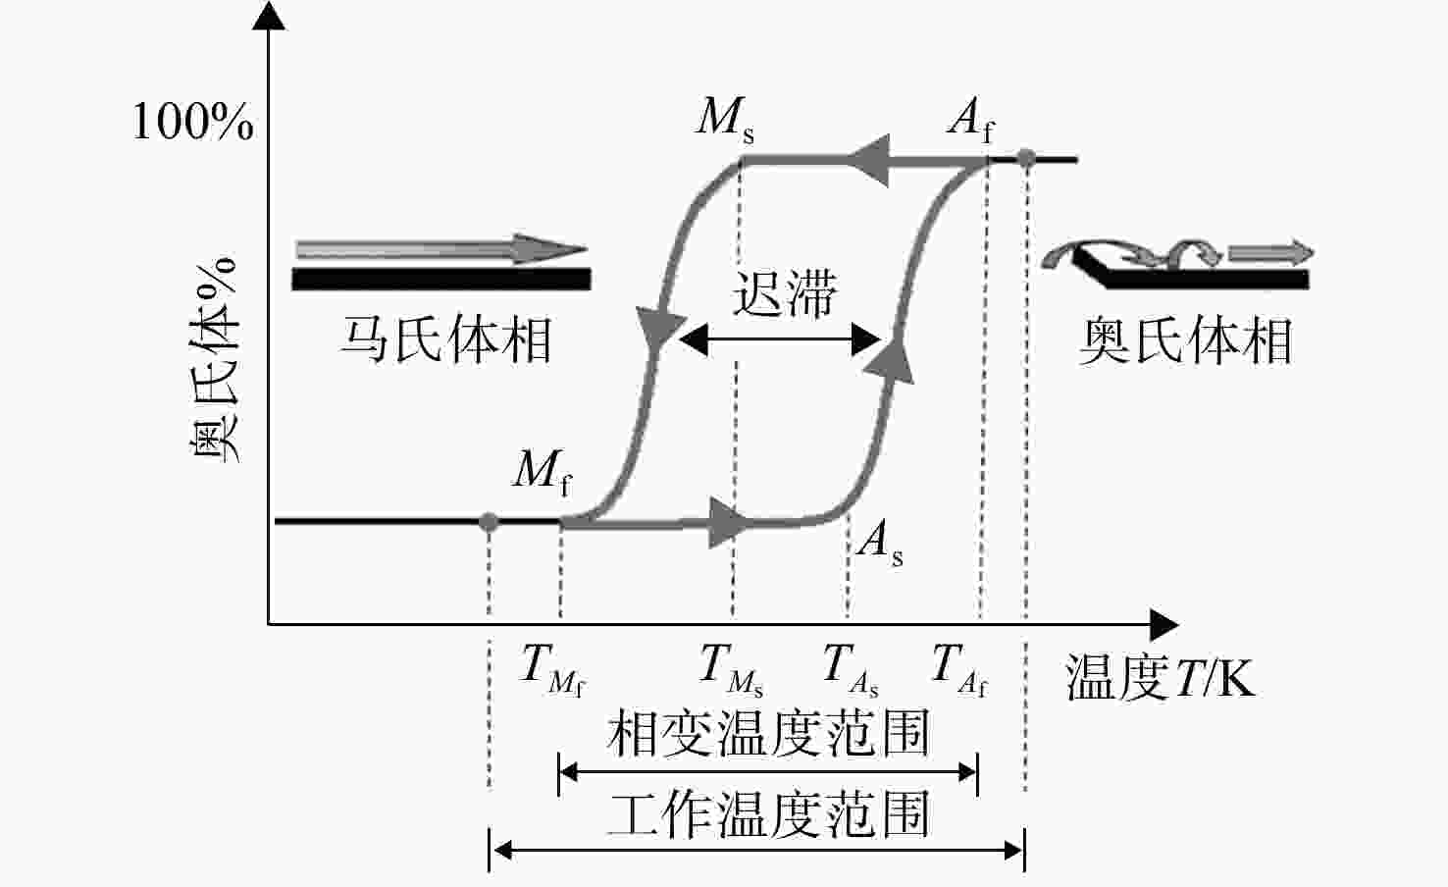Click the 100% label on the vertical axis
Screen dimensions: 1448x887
click(x=192, y=121)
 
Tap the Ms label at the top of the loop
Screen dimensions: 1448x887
click(x=725, y=120)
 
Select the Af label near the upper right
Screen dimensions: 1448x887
click(x=971, y=120)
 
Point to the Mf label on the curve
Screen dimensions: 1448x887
click(x=543, y=472)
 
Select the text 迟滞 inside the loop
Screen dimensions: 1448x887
click(x=784, y=294)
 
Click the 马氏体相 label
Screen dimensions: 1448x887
click(x=446, y=340)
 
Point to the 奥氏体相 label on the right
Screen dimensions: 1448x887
click(x=1185, y=340)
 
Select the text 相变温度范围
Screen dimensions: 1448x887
click(x=768, y=733)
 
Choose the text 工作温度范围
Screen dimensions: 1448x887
click(x=768, y=813)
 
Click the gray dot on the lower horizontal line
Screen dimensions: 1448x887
click(x=489, y=522)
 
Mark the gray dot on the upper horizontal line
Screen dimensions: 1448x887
click(x=1026, y=158)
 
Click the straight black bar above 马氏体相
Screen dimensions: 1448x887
click(x=441, y=280)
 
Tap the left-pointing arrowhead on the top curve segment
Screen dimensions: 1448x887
click(x=867, y=160)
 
